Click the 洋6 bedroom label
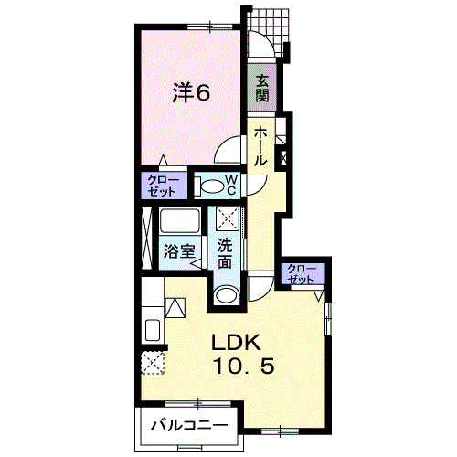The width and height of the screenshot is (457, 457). pos(192,92)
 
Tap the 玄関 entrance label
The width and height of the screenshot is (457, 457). pos(261,88)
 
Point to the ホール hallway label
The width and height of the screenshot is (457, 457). pos(260,146)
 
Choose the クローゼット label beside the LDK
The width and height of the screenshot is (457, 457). pos(302,273)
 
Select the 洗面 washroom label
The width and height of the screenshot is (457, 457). pos(226,253)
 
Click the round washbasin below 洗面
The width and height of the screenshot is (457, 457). pos(226,294)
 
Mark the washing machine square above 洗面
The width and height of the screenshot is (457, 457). pos(228,219)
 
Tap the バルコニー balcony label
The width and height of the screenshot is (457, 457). pos(189,426)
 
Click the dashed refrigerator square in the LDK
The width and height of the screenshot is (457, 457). pos(153,363)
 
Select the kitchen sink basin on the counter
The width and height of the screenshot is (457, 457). pos(152,329)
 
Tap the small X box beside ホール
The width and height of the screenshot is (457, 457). pos(282,157)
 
